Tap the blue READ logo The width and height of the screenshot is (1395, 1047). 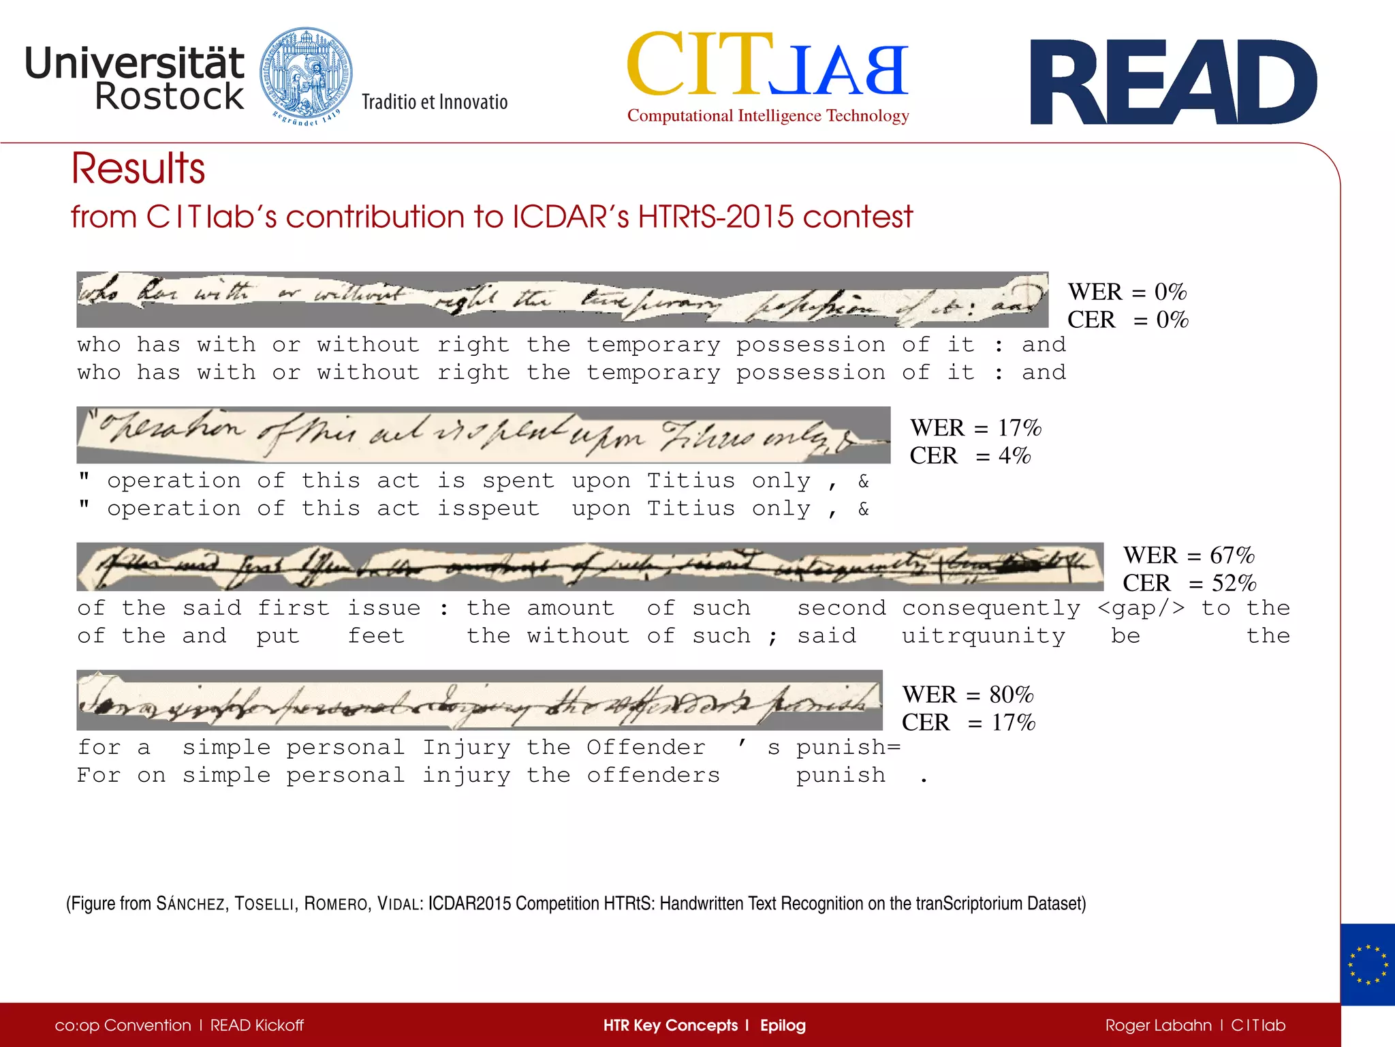(1173, 82)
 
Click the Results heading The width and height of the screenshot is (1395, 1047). (138, 168)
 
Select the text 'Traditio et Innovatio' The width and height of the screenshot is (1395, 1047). (435, 102)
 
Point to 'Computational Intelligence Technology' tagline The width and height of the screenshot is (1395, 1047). (768, 116)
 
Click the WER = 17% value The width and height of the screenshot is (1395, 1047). (975, 428)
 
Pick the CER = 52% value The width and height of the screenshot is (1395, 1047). (1189, 583)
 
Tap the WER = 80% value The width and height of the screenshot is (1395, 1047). (968, 695)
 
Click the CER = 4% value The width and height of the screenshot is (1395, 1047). (970, 455)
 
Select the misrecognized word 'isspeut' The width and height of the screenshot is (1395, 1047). (488, 509)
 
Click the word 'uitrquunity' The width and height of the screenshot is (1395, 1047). (983, 636)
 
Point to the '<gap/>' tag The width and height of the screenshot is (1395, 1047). (1141, 608)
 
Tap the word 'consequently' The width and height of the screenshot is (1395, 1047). (991, 608)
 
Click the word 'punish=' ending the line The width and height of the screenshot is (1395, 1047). (848, 748)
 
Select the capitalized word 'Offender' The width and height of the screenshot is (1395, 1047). (646, 748)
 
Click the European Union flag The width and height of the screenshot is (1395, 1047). (1367, 965)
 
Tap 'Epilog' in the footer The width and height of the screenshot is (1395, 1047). (783, 1025)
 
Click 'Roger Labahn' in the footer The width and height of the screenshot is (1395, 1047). (1158, 1025)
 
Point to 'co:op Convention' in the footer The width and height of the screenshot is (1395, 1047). (123, 1025)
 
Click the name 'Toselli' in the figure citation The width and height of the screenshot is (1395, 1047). (264, 904)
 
